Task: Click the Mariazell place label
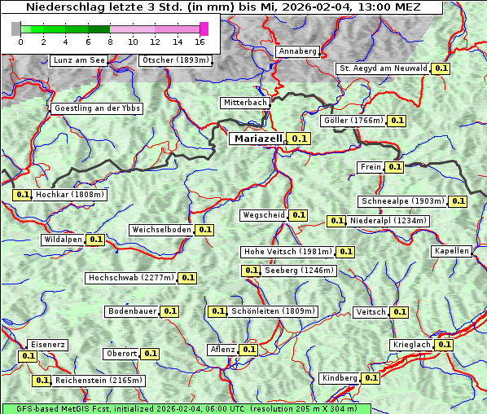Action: click(x=258, y=139)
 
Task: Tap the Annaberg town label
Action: click(x=297, y=51)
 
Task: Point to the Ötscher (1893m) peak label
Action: click(x=175, y=60)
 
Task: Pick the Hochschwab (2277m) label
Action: click(x=130, y=278)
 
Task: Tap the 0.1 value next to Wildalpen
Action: click(x=96, y=240)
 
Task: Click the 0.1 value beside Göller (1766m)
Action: click(x=397, y=121)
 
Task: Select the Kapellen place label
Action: click(x=452, y=251)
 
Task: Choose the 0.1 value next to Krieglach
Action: click(x=444, y=345)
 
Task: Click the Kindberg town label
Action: click(x=340, y=378)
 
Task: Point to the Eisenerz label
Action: click(x=47, y=345)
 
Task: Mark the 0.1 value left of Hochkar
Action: click(x=23, y=195)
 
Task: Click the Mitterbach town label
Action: click(x=244, y=103)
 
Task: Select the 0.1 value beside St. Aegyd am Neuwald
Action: click(x=441, y=68)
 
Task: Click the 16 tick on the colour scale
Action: click(x=200, y=42)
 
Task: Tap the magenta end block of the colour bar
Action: click(x=204, y=29)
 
